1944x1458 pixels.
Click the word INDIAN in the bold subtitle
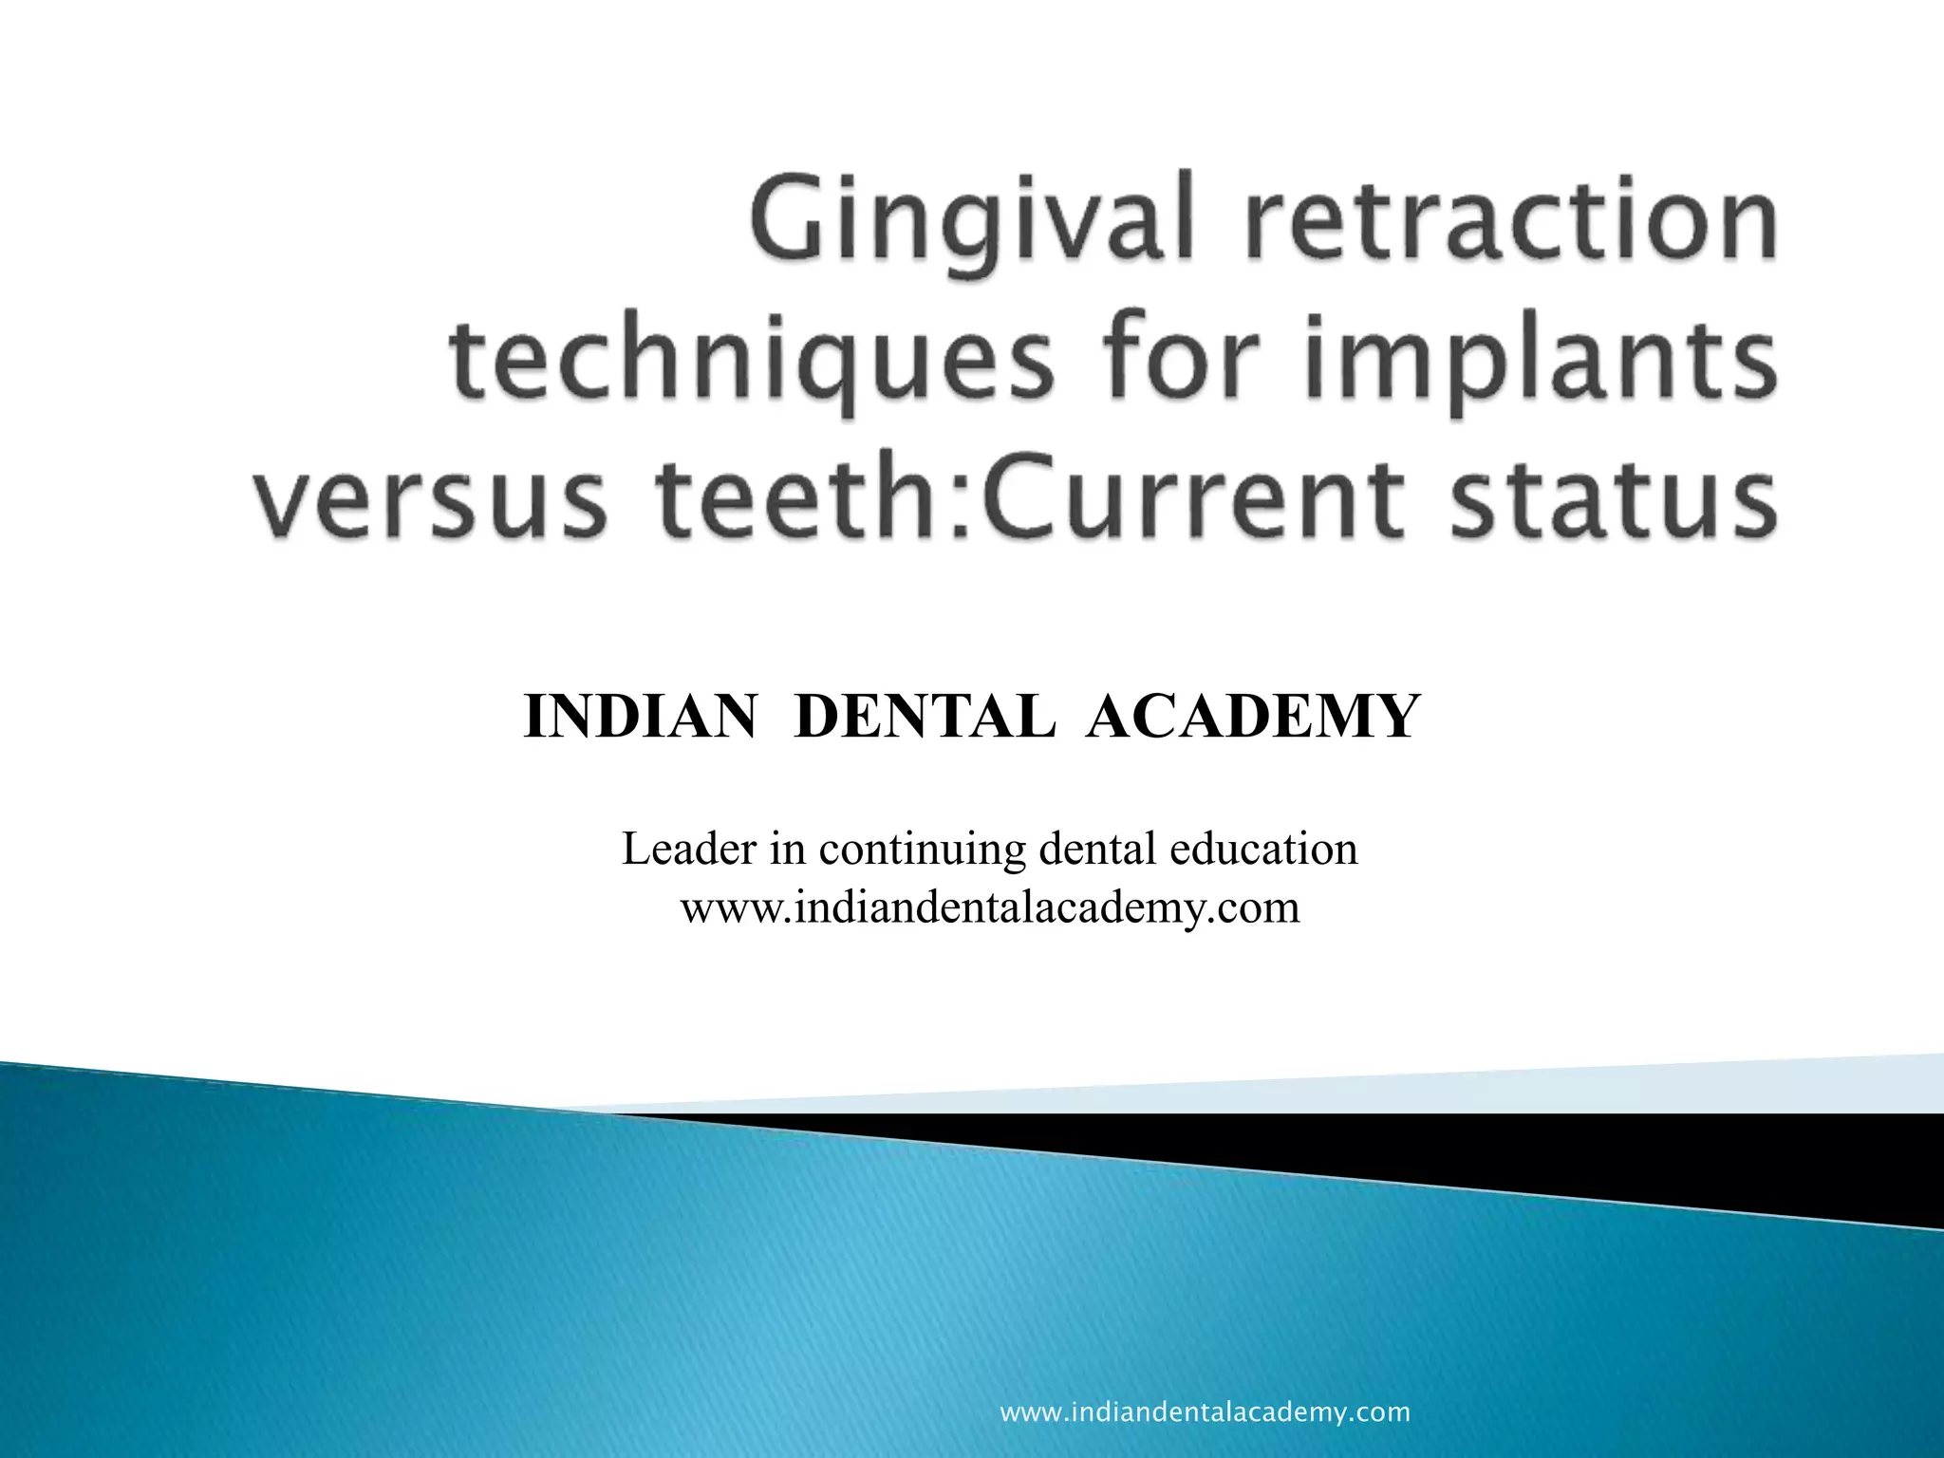tap(641, 716)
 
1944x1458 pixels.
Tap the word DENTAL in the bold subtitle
tap(925, 716)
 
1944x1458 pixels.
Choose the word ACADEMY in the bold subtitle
tap(1253, 716)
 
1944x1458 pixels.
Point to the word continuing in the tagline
tap(922, 848)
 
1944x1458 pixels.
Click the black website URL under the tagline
tap(990, 907)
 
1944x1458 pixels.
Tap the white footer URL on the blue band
tap(1206, 1412)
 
